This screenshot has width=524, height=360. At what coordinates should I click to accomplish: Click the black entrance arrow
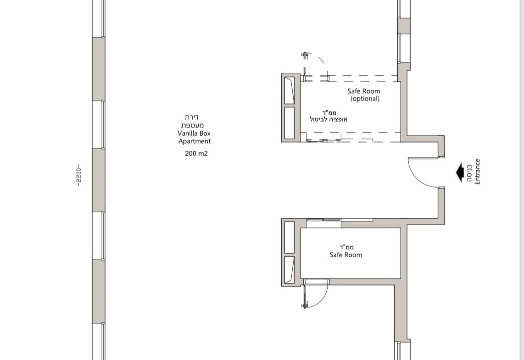(x=459, y=172)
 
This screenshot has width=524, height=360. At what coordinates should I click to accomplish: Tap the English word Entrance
(x=477, y=172)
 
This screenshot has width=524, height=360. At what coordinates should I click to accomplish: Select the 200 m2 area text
(x=196, y=154)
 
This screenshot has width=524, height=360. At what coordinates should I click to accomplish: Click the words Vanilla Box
(x=194, y=133)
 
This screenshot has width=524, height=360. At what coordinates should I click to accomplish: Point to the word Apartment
(x=195, y=141)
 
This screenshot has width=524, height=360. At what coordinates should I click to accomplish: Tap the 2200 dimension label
(x=78, y=175)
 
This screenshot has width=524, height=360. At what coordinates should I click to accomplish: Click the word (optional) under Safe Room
(x=365, y=99)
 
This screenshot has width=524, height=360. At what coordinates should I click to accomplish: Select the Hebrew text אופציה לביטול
(x=329, y=119)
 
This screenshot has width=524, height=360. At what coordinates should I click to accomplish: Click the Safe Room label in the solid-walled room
(x=346, y=255)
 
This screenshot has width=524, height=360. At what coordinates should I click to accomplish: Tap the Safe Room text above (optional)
(x=363, y=91)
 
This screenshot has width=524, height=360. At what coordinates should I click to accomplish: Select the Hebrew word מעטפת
(x=193, y=126)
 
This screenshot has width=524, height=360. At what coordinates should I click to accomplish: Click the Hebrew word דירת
(x=192, y=117)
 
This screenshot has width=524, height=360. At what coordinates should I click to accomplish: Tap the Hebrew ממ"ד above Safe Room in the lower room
(x=346, y=247)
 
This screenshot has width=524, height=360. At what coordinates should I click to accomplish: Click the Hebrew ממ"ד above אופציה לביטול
(x=329, y=112)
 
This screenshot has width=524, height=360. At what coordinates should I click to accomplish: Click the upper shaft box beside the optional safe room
(x=290, y=90)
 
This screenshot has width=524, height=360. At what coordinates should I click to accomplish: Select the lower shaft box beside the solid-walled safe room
(x=290, y=270)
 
